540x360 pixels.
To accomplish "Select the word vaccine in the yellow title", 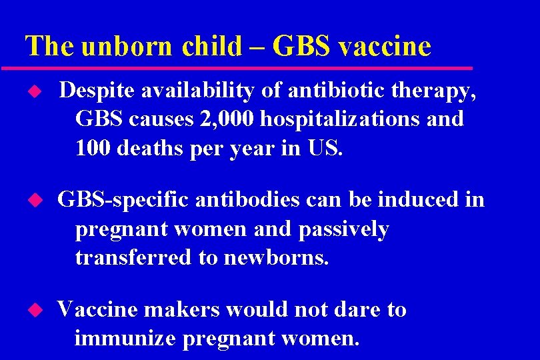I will (x=385, y=46).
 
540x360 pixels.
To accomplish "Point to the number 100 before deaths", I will (x=93, y=148).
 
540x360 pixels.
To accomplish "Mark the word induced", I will (x=409, y=199).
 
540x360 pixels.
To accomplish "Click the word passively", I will (x=343, y=229).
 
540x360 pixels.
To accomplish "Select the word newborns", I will (x=277, y=258).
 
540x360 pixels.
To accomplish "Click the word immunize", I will (x=125, y=339).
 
